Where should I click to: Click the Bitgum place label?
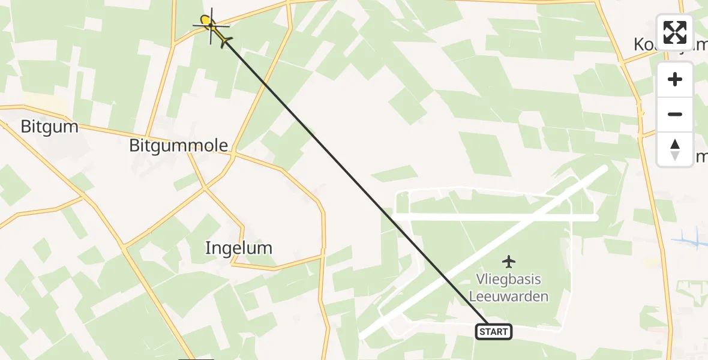tap(41, 127)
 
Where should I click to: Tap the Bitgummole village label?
tap(179, 145)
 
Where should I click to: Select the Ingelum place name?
tap(238, 248)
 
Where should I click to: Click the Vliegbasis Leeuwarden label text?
tap(508, 288)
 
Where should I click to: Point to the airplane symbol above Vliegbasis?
tap(509, 262)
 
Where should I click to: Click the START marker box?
tap(494, 332)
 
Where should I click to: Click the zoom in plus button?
tap(675, 80)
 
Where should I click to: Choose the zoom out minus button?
tap(675, 115)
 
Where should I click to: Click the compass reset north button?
tap(675, 149)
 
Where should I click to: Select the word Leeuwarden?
tap(508, 296)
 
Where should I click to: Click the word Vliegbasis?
tap(508, 280)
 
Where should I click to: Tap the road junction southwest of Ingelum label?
tap(124, 247)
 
